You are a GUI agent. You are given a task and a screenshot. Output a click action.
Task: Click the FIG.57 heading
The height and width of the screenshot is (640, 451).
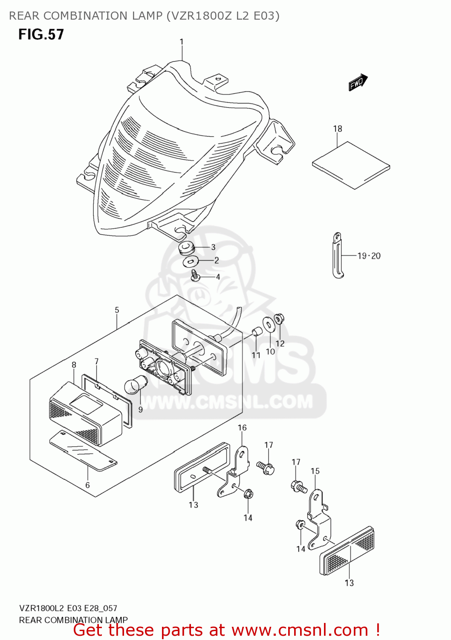point(41,35)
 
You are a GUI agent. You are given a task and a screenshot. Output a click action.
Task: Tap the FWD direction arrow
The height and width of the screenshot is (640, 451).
point(358,82)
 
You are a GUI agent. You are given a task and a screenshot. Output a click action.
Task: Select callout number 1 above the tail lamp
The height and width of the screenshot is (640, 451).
point(182,42)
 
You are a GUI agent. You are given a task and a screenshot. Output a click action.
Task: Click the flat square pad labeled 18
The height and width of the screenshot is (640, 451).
point(351,165)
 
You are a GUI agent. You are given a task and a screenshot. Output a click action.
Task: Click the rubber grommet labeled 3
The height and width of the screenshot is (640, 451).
point(186,247)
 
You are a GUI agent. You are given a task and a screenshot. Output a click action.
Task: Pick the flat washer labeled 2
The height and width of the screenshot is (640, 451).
point(189,262)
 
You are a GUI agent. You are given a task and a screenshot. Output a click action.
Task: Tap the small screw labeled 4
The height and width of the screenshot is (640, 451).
point(195,275)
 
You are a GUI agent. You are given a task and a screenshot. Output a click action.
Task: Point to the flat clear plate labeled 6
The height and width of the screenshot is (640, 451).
point(83,451)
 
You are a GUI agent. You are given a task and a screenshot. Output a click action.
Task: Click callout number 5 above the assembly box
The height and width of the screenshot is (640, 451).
point(117,310)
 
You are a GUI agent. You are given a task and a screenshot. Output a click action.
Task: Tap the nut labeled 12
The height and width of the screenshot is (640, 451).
point(279,318)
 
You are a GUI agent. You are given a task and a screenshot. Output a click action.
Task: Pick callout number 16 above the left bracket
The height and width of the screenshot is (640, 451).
point(242,428)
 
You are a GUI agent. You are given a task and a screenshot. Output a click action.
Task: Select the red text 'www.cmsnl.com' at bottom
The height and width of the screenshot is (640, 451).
point(300,630)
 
